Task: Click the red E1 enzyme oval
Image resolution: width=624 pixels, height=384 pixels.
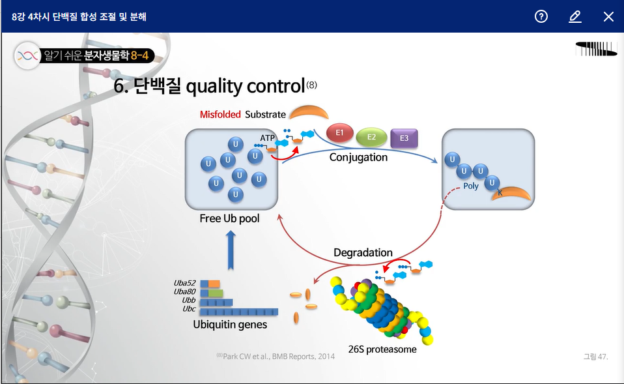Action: (x=339, y=133)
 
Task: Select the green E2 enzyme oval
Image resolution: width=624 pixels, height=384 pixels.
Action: (x=371, y=138)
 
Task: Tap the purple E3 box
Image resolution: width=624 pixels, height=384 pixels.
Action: (x=404, y=138)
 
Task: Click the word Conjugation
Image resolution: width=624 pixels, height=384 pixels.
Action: (x=358, y=157)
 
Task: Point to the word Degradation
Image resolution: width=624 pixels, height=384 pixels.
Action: (x=363, y=252)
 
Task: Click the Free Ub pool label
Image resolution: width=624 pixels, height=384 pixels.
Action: (x=230, y=218)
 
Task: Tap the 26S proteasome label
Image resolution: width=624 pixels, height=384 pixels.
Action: (x=382, y=349)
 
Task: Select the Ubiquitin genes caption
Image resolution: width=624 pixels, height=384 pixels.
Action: (x=230, y=325)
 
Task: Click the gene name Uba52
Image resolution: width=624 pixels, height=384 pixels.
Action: (x=184, y=283)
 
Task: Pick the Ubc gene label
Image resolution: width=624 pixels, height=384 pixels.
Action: (x=189, y=309)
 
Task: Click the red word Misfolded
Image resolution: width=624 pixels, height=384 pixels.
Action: (x=220, y=115)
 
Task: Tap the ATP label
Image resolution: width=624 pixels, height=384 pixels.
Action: (x=268, y=138)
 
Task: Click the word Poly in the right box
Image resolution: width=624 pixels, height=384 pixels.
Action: (x=471, y=186)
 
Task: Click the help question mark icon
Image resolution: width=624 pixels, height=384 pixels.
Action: (x=541, y=16)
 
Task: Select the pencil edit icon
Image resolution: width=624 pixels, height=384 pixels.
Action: (x=575, y=17)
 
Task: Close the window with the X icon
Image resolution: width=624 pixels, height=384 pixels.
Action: (x=608, y=17)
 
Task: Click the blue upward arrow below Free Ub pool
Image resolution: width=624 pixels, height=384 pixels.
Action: (x=231, y=251)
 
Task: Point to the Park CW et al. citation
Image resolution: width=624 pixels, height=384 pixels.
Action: (x=276, y=357)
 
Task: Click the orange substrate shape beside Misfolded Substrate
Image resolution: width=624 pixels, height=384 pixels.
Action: (x=309, y=112)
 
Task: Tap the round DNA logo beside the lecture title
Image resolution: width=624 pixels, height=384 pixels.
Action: (x=27, y=56)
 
